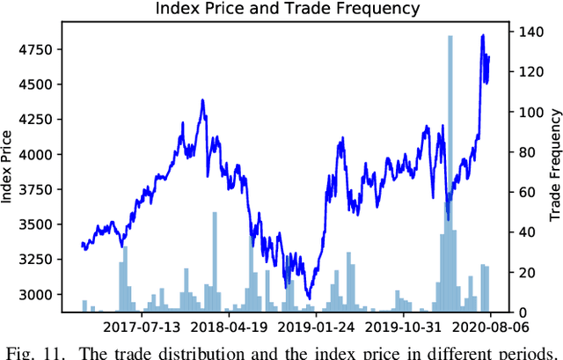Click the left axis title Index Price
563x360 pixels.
click(x=9, y=166)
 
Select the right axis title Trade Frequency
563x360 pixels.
click(x=554, y=166)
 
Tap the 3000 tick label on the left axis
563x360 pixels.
click(x=36, y=295)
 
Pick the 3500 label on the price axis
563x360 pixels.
click(x=36, y=224)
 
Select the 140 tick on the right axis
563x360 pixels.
click(x=525, y=33)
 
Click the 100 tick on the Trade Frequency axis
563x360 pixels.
click(x=525, y=113)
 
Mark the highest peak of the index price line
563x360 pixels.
click(x=483, y=36)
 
